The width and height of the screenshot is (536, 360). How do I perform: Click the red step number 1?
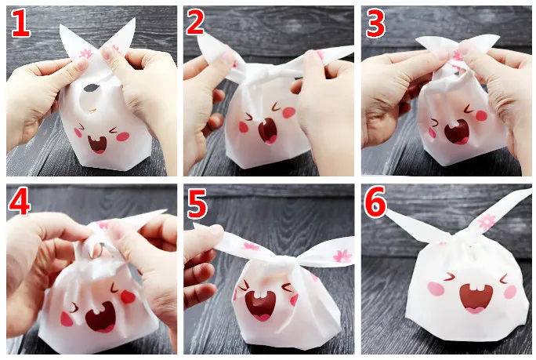(21, 24)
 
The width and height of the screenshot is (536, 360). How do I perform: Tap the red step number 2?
(197, 24)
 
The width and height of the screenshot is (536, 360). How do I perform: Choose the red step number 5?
(197, 205)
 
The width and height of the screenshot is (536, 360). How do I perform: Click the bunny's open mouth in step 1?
(98, 144)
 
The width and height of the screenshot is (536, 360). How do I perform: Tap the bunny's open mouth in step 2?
(267, 129)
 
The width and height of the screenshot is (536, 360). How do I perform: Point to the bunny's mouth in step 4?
(100, 316)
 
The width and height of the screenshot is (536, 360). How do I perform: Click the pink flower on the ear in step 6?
(487, 221)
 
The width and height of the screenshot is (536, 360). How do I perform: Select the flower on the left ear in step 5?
(250, 246)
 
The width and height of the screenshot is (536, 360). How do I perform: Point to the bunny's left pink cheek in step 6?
(436, 289)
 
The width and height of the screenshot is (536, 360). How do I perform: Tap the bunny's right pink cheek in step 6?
(510, 291)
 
